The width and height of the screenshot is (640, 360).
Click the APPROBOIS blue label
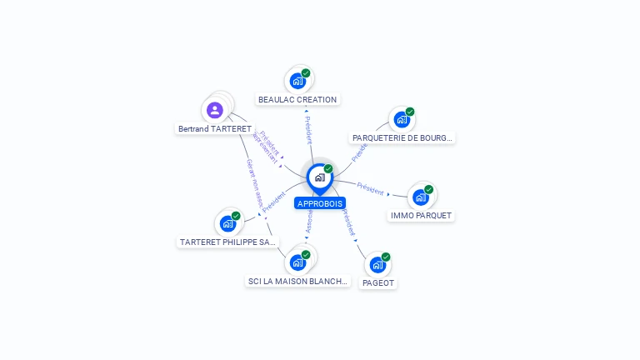pos(319,203)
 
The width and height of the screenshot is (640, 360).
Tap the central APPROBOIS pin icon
pos(319,177)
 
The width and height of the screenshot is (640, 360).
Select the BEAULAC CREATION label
pos(297,100)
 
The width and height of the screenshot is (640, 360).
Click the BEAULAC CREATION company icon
pos(297,81)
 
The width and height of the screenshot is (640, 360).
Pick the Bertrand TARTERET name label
pos(214,129)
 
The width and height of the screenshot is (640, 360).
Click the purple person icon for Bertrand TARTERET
pos(215,109)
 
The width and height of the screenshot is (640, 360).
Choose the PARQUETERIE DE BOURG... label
pos(402,138)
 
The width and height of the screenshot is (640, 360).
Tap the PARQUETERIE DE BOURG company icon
pos(402,119)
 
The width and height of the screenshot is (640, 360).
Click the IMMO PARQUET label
pos(421,216)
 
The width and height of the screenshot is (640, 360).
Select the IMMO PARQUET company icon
pos(421,197)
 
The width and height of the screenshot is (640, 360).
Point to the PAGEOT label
pos(377,283)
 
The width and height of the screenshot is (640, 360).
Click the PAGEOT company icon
pos(377,265)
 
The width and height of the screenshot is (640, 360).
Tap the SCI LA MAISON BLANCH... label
pos(297,282)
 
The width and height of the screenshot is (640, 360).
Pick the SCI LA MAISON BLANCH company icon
pos(297,262)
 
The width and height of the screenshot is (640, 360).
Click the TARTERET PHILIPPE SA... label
pos(227,242)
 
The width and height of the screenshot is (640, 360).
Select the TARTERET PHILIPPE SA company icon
pos(227,223)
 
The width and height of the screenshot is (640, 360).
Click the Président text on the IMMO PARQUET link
pos(370,187)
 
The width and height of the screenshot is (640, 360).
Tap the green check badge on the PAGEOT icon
pos(386,257)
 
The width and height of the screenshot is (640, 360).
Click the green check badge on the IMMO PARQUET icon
pos(429,189)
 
